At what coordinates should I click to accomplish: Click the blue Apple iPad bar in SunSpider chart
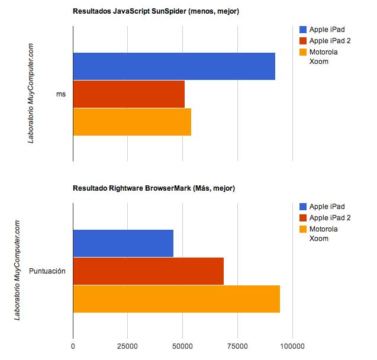(174, 66)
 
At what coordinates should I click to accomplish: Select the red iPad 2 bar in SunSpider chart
(129, 94)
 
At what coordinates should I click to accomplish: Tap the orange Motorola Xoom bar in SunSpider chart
(132, 122)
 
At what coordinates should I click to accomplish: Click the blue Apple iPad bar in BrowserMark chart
(123, 243)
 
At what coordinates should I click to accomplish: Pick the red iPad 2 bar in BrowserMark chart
(149, 271)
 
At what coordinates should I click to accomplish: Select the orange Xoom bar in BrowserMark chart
(176, 299)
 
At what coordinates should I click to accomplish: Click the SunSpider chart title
(156, 11)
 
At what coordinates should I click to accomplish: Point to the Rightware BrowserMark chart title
(154, 188)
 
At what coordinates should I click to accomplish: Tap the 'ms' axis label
(61, 94)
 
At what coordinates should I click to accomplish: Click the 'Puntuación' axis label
(47, 271)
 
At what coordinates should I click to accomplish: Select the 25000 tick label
(127, 346)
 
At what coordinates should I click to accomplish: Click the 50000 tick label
(182, 346)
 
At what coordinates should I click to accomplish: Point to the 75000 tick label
(237, 346)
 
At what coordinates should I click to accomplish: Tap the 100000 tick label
(292, 346)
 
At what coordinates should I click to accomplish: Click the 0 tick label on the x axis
(73, 346)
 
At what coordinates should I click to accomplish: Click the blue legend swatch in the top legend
(303, 30)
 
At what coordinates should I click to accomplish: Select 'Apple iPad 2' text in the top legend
(330, 41)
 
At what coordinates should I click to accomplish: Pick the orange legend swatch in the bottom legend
(303, 229)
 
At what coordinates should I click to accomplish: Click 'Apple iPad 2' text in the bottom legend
(330, 218)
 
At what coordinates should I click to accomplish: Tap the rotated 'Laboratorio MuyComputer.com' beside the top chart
(31, 94)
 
